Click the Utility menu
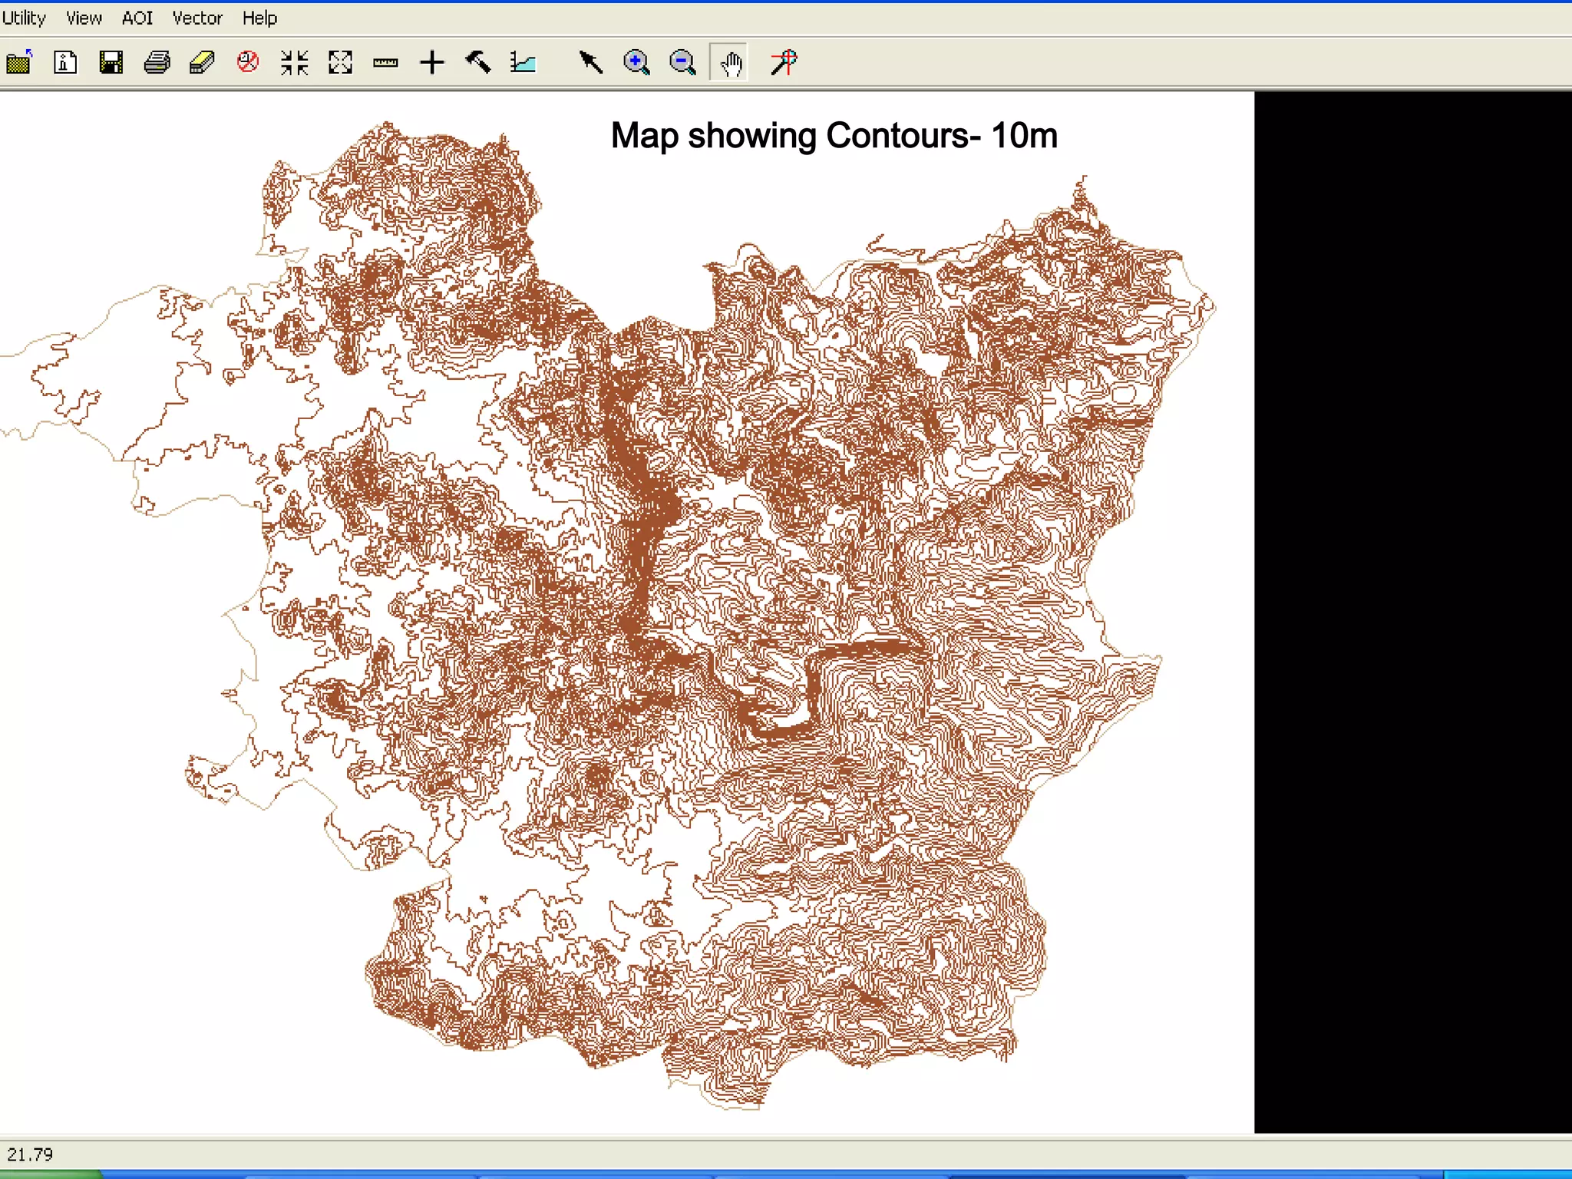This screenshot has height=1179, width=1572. (x=23, y=18)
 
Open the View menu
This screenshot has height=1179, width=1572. (x=84, y=18)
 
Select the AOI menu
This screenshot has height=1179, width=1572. (x=137, y=18)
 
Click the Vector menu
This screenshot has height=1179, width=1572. (x=197, y=18)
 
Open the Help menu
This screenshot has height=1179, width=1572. (x=259, y=18)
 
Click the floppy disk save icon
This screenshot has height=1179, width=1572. (x=111, y=62)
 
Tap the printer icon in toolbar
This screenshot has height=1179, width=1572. (x=157, y=62)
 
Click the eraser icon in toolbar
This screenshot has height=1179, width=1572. (x=202, y=62)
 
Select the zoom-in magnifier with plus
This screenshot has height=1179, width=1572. (x=636, y=62)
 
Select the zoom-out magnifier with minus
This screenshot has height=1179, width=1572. (x=682, y=62)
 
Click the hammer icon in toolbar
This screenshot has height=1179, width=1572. (x=478, y=62)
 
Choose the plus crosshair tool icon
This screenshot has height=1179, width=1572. (x=432, y=62)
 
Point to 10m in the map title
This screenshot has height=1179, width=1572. (x=1024, y=136)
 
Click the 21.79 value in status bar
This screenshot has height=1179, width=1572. (x=30, y=1154)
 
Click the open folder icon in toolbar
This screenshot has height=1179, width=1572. (x=19, y=62)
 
